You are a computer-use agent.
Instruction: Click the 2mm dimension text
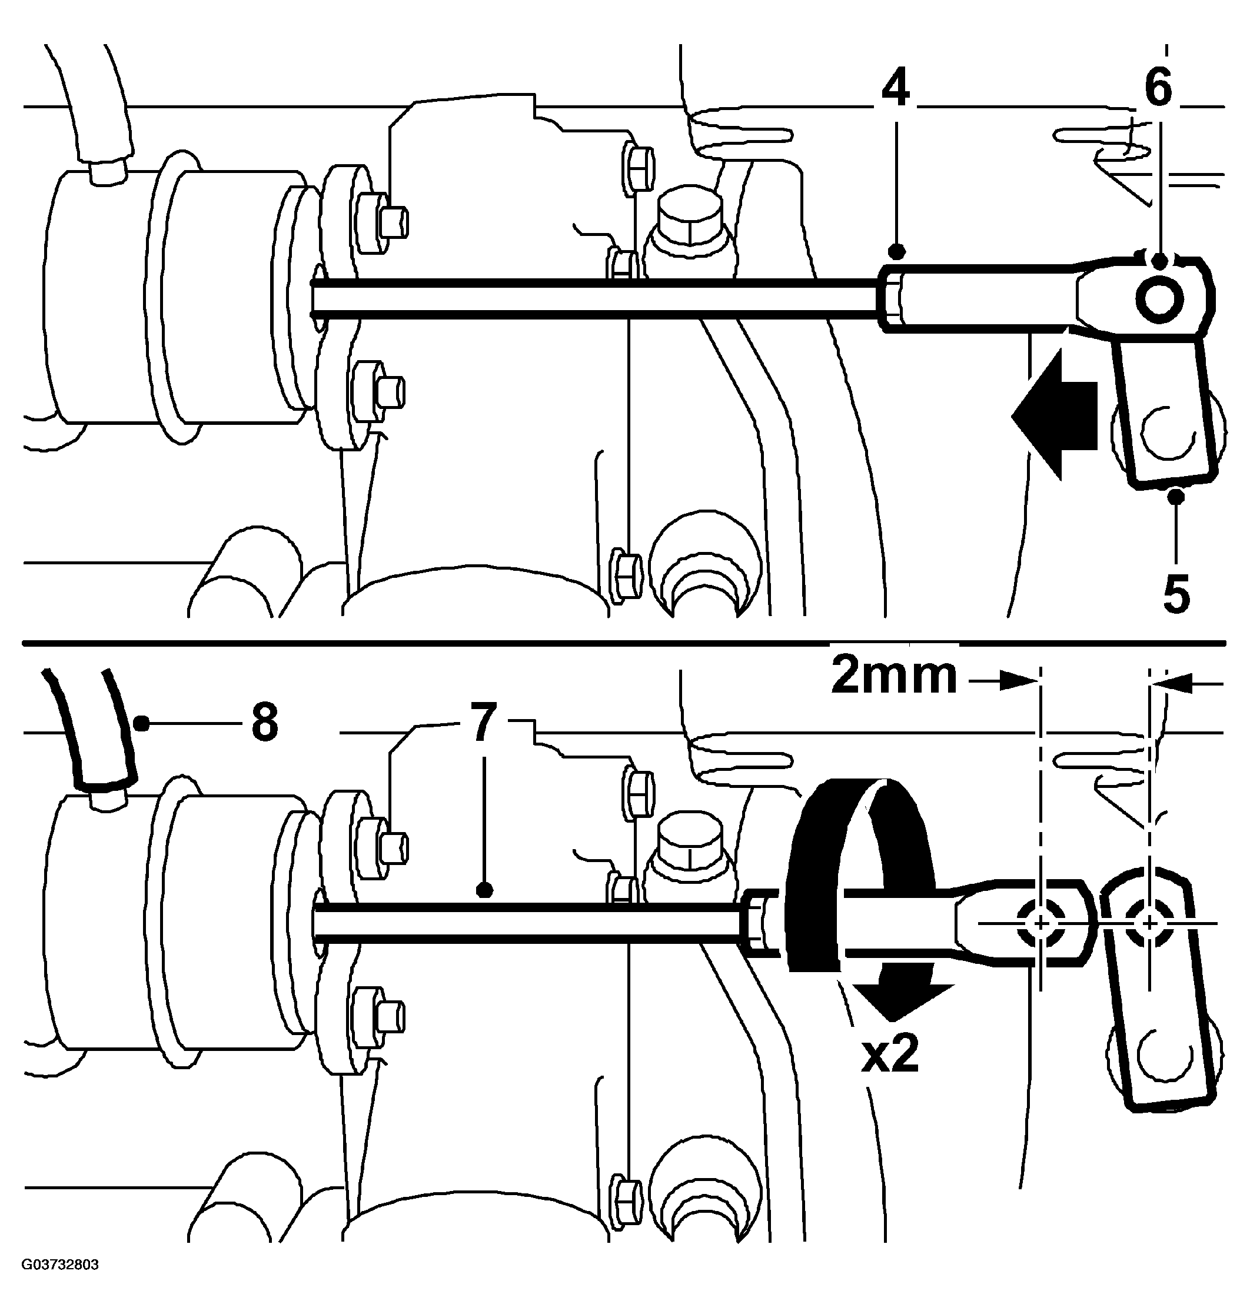click(x=893, y=677)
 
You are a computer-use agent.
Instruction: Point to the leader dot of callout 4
click(x=897, y=252)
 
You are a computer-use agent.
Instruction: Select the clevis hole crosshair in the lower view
click(x=1039, y=923)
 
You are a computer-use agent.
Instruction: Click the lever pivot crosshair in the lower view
click(x=1149, y=923)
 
